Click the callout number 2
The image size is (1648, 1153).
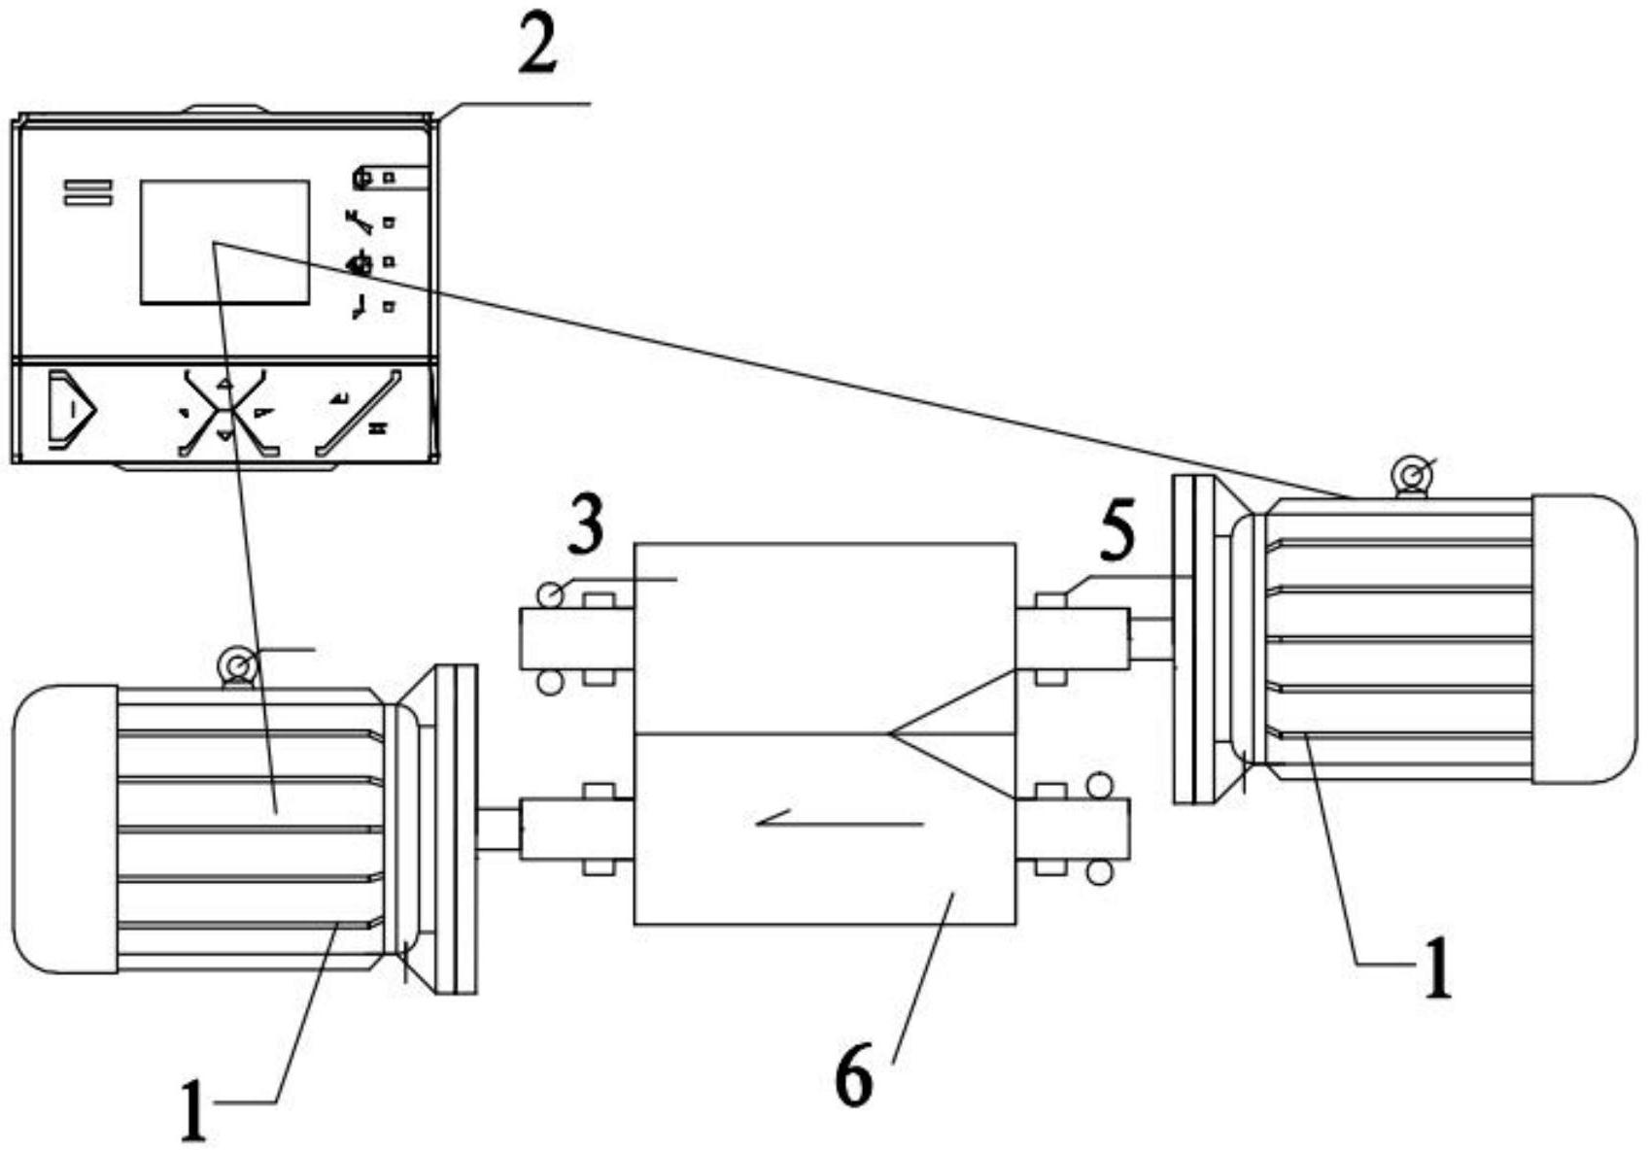[537, 46]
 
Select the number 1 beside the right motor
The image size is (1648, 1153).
[1437, 969]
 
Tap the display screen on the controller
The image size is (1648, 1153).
[224, 242]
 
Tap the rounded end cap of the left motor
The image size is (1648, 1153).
[64, 829]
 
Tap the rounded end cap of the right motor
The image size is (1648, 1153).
[1584, 638]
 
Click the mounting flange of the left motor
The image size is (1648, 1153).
[456, 829]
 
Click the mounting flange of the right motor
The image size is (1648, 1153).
[1194, 638]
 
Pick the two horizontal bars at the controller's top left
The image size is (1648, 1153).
[88, 192]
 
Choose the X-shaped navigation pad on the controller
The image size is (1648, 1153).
[224, 412]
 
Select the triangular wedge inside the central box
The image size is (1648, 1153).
[952, 734]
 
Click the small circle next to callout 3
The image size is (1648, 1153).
[550, 594]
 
